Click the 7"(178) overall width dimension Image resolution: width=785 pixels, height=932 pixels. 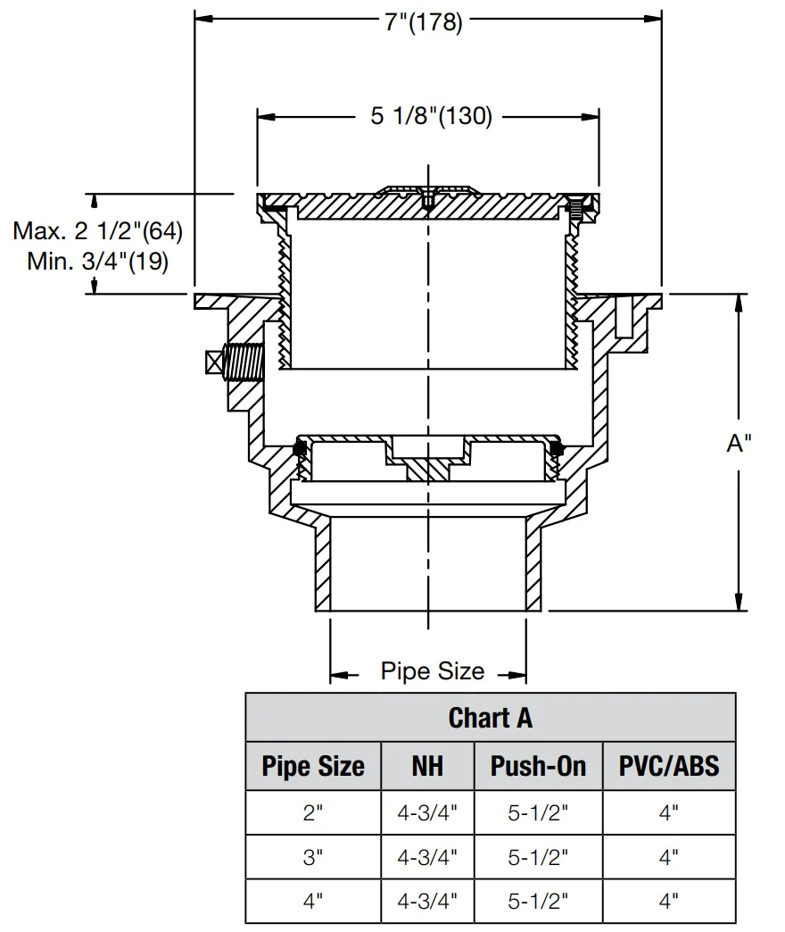[x=424, y=22]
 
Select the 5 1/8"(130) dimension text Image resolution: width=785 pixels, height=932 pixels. [x=431, y=117]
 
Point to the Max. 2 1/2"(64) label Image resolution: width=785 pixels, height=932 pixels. [x=97, y=231]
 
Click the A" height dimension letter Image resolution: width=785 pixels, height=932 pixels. [x=739, y=444]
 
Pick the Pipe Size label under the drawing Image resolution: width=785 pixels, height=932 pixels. [x=433, y=670]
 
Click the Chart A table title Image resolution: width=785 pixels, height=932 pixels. [x=491, y=717]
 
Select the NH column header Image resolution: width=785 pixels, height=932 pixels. [x=427, y=766]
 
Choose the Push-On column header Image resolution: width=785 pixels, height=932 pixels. [x=538, y=766]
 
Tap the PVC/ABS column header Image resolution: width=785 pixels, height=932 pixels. [x=669, y=766]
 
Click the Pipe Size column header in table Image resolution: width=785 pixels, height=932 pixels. [x=313, y=766]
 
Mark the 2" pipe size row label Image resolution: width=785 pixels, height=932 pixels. [x=313, y=812]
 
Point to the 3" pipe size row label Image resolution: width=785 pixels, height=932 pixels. [x=313, y=857]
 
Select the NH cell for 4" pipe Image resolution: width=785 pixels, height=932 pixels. [x=427, y=901]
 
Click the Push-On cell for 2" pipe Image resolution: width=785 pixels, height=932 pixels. [x=538, y=812]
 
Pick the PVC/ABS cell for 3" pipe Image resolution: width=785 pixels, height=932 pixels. [x=669, y=857]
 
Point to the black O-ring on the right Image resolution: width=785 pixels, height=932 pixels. [x=558, y=445]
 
